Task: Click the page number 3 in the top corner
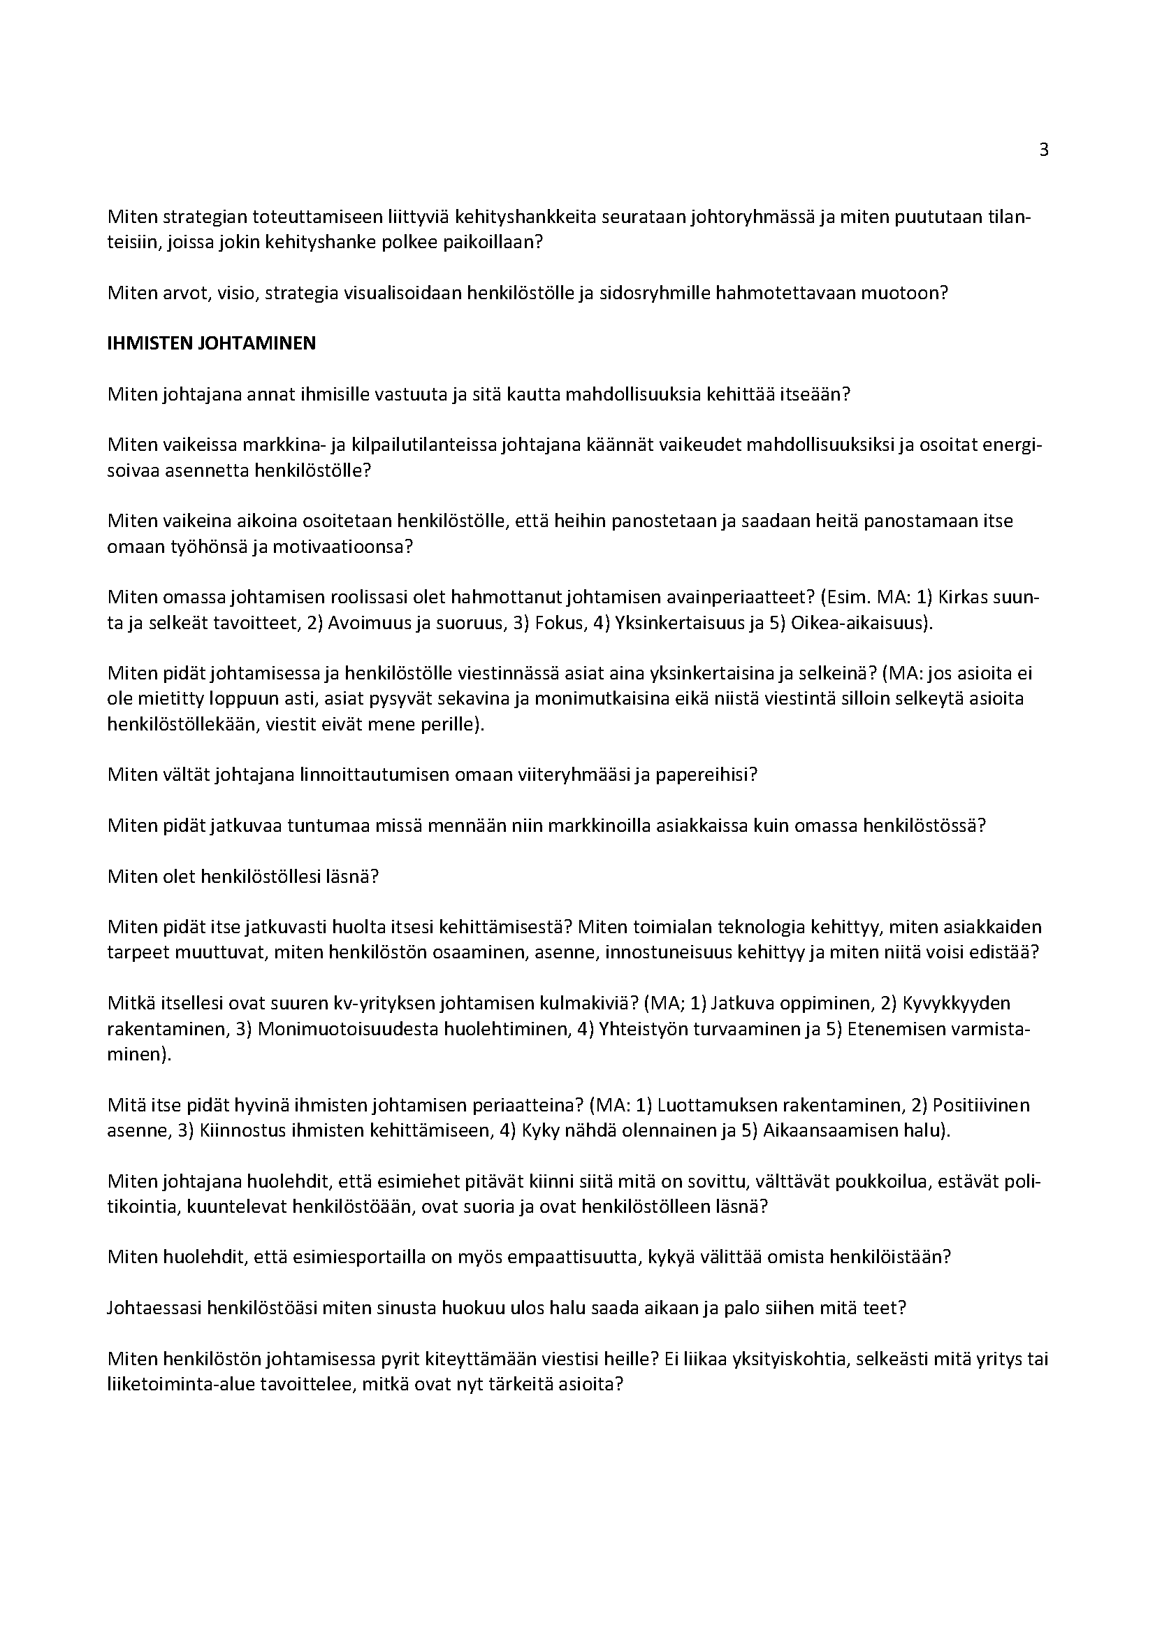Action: pyautogui.click(x=1044, y=150)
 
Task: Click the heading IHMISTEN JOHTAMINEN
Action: pyautogui.click(x=211, y=343)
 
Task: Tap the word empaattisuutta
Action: pyautogui.click(x=583, y=1258)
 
